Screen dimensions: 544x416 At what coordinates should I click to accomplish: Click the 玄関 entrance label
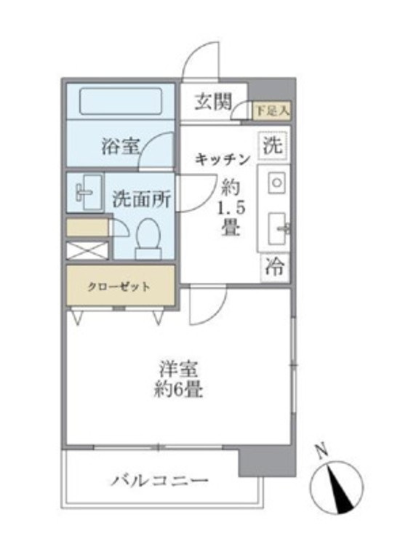pyautogui.click(x=210, y=103)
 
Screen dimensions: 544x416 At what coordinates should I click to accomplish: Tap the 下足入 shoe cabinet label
pyautogui.click(x=272, y=111)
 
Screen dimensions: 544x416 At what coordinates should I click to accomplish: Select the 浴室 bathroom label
pyautogui.click(x=120, y=147)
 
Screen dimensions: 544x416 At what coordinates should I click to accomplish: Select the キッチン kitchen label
pyautogui.click(x=223, y=159)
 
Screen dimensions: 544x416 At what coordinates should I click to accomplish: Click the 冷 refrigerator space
pyautogui.click(x=273, y=268)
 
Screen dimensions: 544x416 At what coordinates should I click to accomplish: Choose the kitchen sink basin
pyautogui.click(x=276, y=228)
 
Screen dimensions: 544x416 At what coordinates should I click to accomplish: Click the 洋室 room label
pyautogui.click(x=179, y=370)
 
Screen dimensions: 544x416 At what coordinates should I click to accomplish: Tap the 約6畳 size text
pyautogui.click(x=178, y=390)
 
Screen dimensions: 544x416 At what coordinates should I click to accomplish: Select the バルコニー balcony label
pyautogui.click(x=160, y=481)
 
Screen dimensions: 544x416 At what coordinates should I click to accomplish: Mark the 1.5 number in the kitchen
pyautogui.click(x=228, y=207)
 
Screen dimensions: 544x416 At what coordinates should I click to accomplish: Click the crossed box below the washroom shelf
pyautogui.click(x=87, y=250)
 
